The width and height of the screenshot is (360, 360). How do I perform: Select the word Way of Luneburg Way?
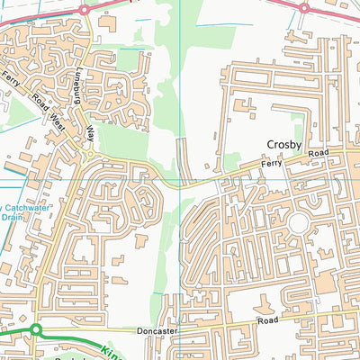pyautogui.click(x=90, y=133)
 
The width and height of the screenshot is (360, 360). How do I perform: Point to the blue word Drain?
pyautogui.click(x=11, y=217)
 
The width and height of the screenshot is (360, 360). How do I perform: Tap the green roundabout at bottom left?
pyautogui.click(x=35, y=331)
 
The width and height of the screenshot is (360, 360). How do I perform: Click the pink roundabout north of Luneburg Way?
pyautogui.click(x=84, y=10)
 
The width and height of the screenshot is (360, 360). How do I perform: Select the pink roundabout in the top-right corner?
pyautogui.click(x=304, y=8)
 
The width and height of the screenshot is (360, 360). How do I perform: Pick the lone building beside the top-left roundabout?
pyautogui.click(x=107, y=20)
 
